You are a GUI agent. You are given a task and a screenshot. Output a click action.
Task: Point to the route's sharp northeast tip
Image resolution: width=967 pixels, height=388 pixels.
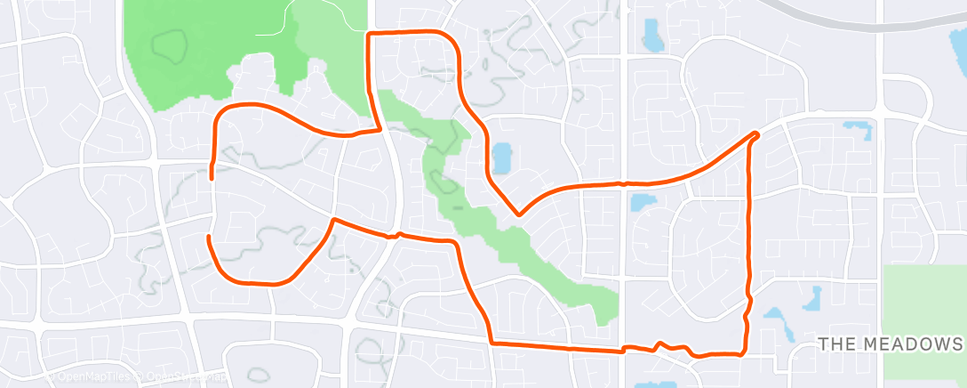(x=755, y=133)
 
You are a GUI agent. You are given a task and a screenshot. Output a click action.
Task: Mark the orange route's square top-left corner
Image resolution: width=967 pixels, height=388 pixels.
(x=369, y=34)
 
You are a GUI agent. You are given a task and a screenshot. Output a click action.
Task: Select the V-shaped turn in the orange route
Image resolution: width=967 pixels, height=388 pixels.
(x=518, y=214)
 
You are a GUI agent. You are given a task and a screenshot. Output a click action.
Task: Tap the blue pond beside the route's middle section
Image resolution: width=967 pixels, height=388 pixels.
(x=501, y=158)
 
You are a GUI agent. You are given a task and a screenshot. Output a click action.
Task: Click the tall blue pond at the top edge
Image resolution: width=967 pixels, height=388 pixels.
(x=652, y=35)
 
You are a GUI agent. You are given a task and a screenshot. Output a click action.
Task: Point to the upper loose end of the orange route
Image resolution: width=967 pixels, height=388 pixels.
(x=212, y=177)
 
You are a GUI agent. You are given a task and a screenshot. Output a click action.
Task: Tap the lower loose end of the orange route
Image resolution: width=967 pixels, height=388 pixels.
(x=208, y=238)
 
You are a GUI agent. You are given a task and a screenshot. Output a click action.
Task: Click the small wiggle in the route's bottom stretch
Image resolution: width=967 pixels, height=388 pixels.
(x=659, y=344)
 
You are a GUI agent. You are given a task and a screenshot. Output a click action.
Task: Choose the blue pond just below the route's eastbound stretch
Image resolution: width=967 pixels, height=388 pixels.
(x=643, y=203)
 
